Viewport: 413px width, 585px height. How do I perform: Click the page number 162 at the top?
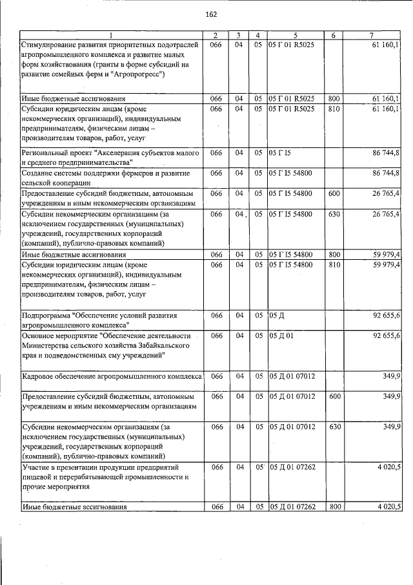pos(210,15)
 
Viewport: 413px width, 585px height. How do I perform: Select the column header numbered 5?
pos(294,35)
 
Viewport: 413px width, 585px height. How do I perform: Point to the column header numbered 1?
pos(110,35)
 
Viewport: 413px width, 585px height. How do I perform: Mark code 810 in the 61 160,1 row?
pos(334,109)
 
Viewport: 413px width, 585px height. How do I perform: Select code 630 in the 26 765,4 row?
pos(334,213)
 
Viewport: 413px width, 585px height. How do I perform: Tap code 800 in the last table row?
pos(334,506)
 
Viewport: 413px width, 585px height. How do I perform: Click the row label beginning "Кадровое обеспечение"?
pos(112,376)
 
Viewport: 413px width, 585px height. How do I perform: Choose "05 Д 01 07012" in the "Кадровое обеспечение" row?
pos(292,376)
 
